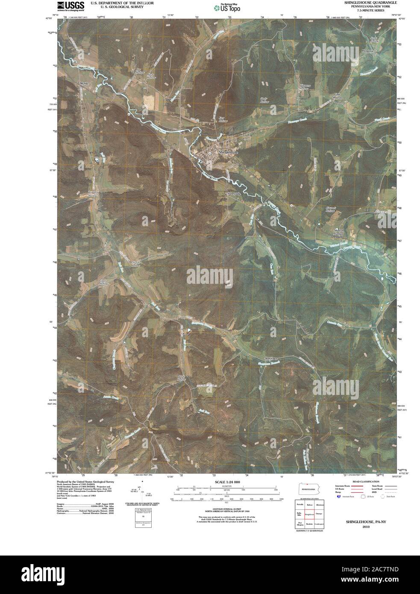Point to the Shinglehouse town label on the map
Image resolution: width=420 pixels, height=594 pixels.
tap(227, 152)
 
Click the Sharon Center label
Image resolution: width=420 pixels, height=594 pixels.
tap(339, 232)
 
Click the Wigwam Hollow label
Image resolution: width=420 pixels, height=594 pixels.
tap(304, 87)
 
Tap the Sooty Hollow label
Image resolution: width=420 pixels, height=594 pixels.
tap(265, 100)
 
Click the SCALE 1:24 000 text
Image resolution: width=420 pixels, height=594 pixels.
tap(225, 482)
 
